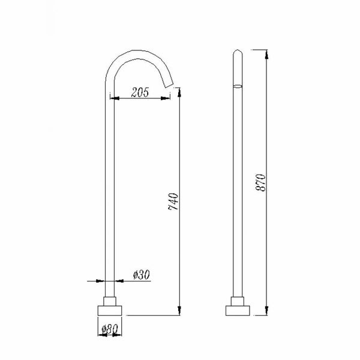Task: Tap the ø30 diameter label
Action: coord(141,275)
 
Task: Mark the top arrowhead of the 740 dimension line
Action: coord(179,89)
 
